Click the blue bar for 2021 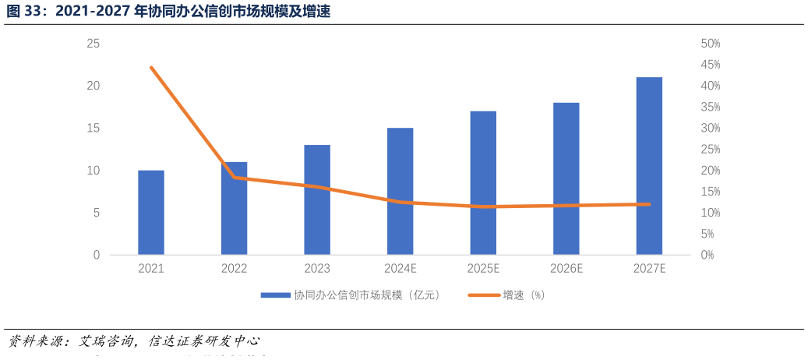pos(151,212)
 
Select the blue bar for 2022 pos(234,208)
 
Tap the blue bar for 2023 pos(317,199)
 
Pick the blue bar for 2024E pos(400,191)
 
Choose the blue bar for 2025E pos(483,182)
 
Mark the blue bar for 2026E pos(566,178)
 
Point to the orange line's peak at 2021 pos(151,68)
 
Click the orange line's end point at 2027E pos(649,204)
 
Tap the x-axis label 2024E pos(400,268)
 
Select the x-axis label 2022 pos(234,268)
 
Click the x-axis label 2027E pos(649,268)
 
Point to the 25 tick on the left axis pos(93,44)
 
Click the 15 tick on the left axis pos(93,128)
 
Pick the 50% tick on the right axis pos(711,44)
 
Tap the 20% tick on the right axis pos(711,171)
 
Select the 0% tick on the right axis pos(707,255)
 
